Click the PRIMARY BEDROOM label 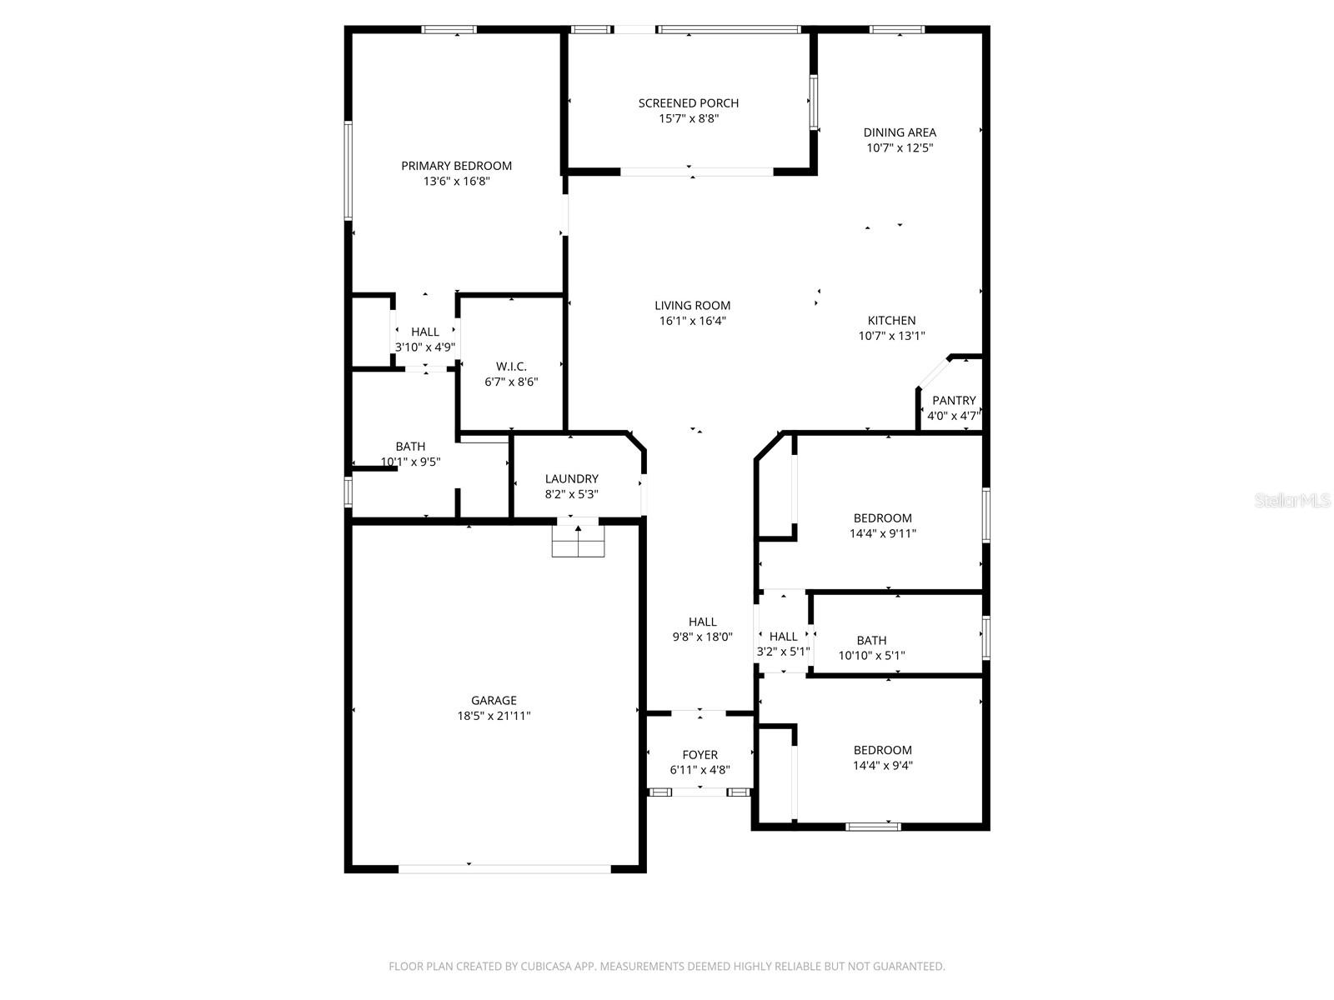(456, 166)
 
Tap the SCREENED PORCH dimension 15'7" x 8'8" (689, 119)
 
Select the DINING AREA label (899, 132)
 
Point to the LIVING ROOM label (692, 306)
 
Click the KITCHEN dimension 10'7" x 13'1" (891, 336)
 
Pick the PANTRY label (954, 401)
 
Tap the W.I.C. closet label (511, 367)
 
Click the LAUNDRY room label (571, 479)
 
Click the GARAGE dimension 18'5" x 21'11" (494, 716)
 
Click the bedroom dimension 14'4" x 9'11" (882, 534)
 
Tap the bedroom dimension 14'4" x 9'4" (882, 766)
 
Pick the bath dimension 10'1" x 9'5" (410, 462)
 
